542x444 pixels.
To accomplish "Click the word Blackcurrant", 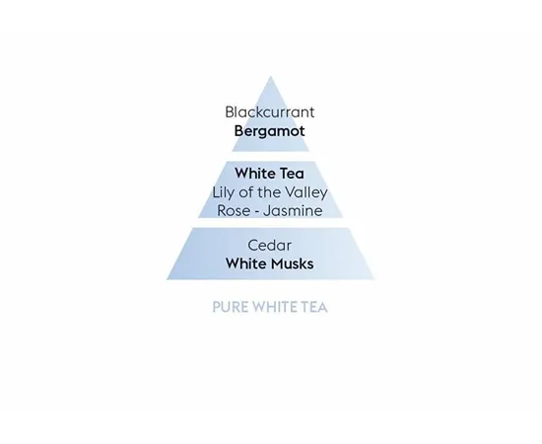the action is tap(270, 111).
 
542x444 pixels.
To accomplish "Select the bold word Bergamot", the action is tap(270, 131).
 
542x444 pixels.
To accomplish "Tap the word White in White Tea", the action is tap(255, 173).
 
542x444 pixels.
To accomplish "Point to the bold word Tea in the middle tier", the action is tap(292, 173).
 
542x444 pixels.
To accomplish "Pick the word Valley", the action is tap(309, 192).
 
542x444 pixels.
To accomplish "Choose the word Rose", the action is tap(234, 210).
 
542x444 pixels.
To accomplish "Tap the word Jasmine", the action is tap(293, 210).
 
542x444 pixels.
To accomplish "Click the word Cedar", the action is tap(270, 246).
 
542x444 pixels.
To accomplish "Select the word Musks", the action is tap(292, 263).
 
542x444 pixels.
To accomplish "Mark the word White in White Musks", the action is tap(245, 263).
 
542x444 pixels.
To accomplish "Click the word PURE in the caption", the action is tap(230, 307).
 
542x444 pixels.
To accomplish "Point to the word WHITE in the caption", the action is tap(274, 307).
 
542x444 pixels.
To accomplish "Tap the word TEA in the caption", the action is tap(313, 307).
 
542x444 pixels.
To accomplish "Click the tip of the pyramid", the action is tap(271, 76).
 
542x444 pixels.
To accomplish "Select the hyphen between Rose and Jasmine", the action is tap(256, 211).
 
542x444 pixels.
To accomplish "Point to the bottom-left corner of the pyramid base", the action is tap(167, 279).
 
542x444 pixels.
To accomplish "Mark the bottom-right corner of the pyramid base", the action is tap(374, 279).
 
